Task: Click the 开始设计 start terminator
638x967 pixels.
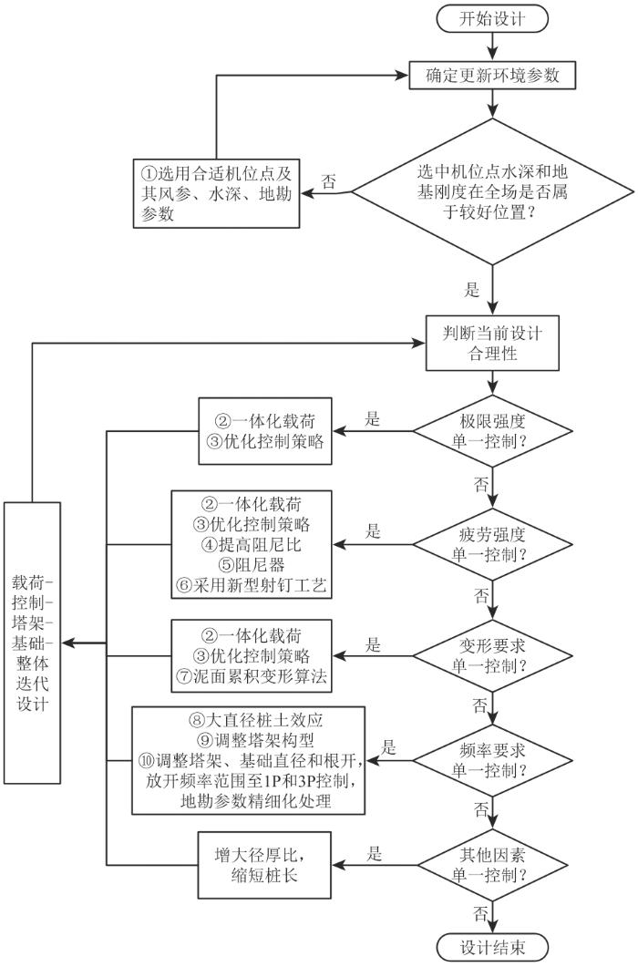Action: pyautogui.click(x=492, y=18)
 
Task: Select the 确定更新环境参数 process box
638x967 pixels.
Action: pyautogui.click(x=492, y=76)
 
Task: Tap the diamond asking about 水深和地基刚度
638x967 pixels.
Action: pyautogui.click(x=492, y=191)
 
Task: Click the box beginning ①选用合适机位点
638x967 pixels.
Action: pyautogui.click(x=217, y=193)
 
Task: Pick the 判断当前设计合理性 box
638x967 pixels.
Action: pyautogui.click(x=492, y=344)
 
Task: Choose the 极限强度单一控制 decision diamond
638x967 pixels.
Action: pyautogui.click(x=492, y=431)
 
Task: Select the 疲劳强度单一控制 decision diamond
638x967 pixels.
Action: pyautogui.click(x=492, y=544)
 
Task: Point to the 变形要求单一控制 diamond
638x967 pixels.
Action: pyautogui.click(x=492, y=655)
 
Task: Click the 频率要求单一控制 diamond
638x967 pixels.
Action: pyautogui.click(x=492, y=760)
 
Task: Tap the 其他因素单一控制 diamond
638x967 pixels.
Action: pyautogui.click(x=492, y=865)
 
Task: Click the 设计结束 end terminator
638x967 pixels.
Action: pyautogui.click(x=492, y=947)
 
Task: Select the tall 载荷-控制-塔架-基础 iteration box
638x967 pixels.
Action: pyautogui.click(x=32, y=643)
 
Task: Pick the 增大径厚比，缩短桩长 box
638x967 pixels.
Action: pyautogui.click(x=264, y=865)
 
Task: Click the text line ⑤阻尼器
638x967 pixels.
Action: pyautogui.click(x=252, y=565)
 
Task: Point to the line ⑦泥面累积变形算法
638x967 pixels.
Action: pyautogui.click(x=252, y=676)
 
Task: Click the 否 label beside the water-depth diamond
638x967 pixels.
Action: pyautogui.click(x=330, y=182)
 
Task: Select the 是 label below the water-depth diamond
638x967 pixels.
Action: pyautogui.click(x=472, y=290)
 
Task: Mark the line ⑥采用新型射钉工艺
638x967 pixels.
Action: pyautogui.click(x=252, y=585)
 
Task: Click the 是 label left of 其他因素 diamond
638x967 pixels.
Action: pyautogui.click(x=375, y=853)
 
